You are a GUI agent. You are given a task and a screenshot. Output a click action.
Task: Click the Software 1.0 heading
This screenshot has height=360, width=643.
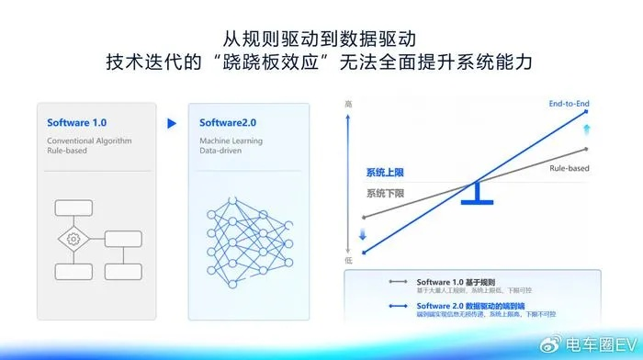(x=76, y=122)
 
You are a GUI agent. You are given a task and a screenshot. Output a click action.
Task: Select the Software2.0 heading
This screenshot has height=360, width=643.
(x=221, y=122)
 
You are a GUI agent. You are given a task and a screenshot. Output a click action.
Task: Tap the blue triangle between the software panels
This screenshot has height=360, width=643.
(x=170, y=122)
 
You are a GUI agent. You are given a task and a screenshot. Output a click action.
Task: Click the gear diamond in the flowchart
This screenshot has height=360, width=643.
(x=72, y=239)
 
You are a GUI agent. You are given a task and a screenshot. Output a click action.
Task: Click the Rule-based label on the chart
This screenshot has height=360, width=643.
(x=570, y=169)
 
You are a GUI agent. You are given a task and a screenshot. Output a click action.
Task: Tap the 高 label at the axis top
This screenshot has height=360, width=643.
(x=348, y=106)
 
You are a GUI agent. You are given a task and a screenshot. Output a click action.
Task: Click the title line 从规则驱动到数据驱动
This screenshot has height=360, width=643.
(x=321, y=39)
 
